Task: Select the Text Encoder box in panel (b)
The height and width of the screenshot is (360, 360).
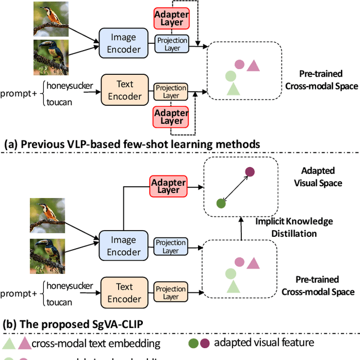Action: tap(124, 292)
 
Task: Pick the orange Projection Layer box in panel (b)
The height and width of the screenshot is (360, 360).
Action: tap(170, 292)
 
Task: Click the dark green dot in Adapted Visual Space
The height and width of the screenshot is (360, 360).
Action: tap(222, 202)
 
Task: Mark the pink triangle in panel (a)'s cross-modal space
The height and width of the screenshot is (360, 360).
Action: tap(253, 65)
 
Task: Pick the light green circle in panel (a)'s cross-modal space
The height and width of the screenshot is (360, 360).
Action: tap(230, 76)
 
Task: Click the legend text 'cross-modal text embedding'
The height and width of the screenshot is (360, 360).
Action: tap(96, 343)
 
